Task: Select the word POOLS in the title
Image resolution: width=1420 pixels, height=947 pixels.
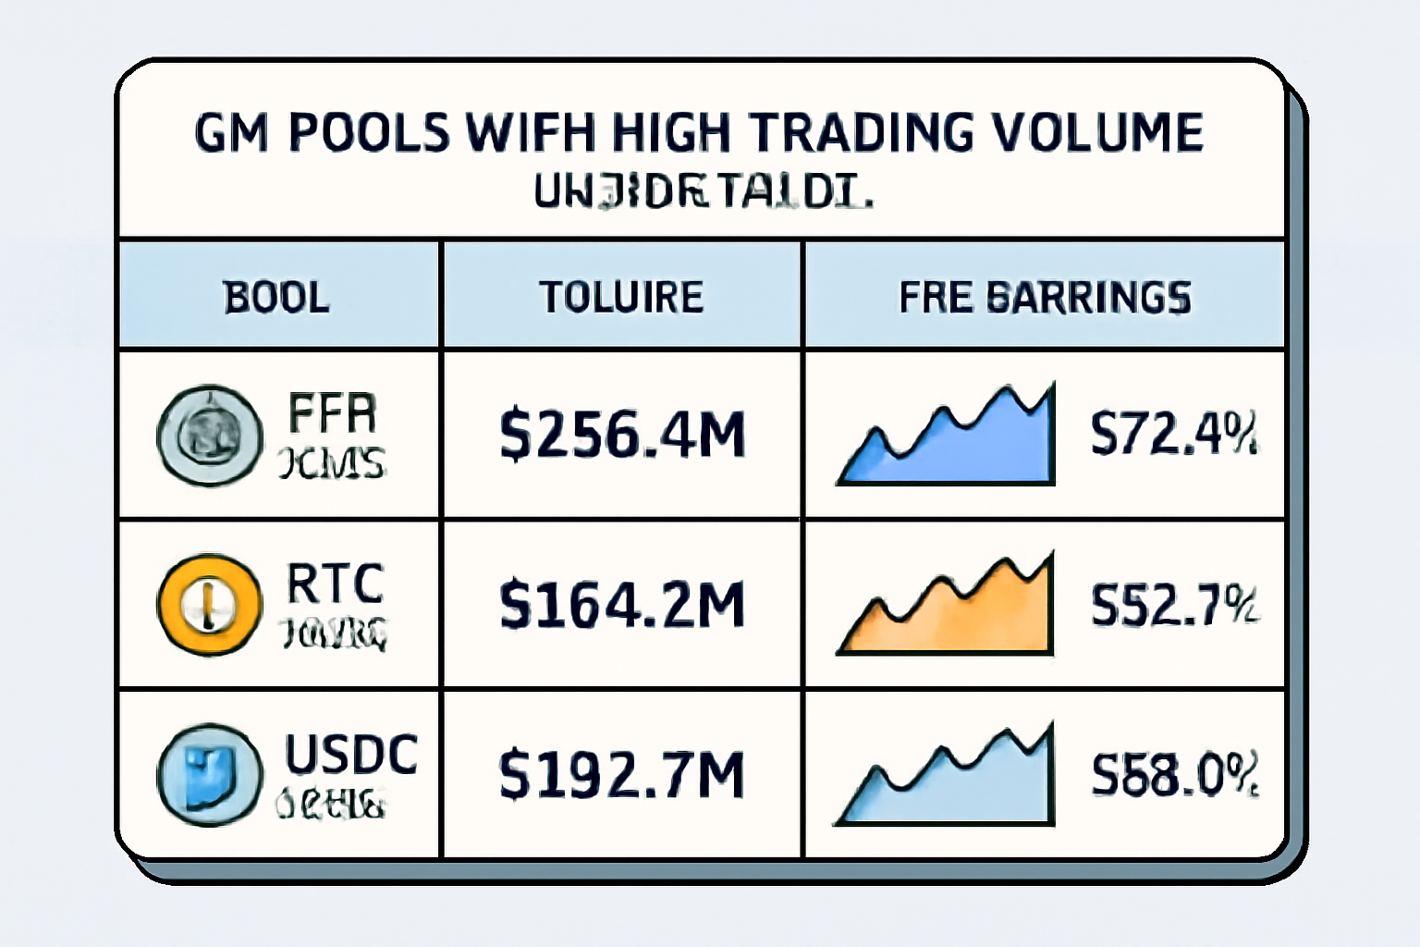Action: [369, 132]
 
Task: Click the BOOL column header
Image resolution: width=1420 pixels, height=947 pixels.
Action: [276, 298]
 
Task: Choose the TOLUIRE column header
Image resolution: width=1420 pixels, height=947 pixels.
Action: [621, 298]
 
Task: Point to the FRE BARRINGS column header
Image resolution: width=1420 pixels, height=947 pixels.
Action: [1045, 298]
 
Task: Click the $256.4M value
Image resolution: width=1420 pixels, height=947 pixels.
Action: [621, 435]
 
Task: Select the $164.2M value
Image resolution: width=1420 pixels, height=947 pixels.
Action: [621, 605]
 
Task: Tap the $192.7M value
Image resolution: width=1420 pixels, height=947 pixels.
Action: [621, 774]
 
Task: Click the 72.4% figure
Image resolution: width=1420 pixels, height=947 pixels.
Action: [1173, 435]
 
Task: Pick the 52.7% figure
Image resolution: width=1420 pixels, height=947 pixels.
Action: [1173, 606]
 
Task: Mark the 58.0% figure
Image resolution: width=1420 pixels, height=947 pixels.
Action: [1173, 775]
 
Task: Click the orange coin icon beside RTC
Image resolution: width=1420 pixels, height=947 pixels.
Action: [210, 605]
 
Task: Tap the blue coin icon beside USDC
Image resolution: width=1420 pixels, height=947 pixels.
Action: [210, 774]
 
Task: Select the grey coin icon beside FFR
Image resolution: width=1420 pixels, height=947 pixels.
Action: [210, 435]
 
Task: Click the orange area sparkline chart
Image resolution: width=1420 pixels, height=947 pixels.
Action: [952, 615]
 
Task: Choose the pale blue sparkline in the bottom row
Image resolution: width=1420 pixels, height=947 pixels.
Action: [952, 786]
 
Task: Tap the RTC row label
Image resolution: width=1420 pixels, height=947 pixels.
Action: [335, 584]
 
